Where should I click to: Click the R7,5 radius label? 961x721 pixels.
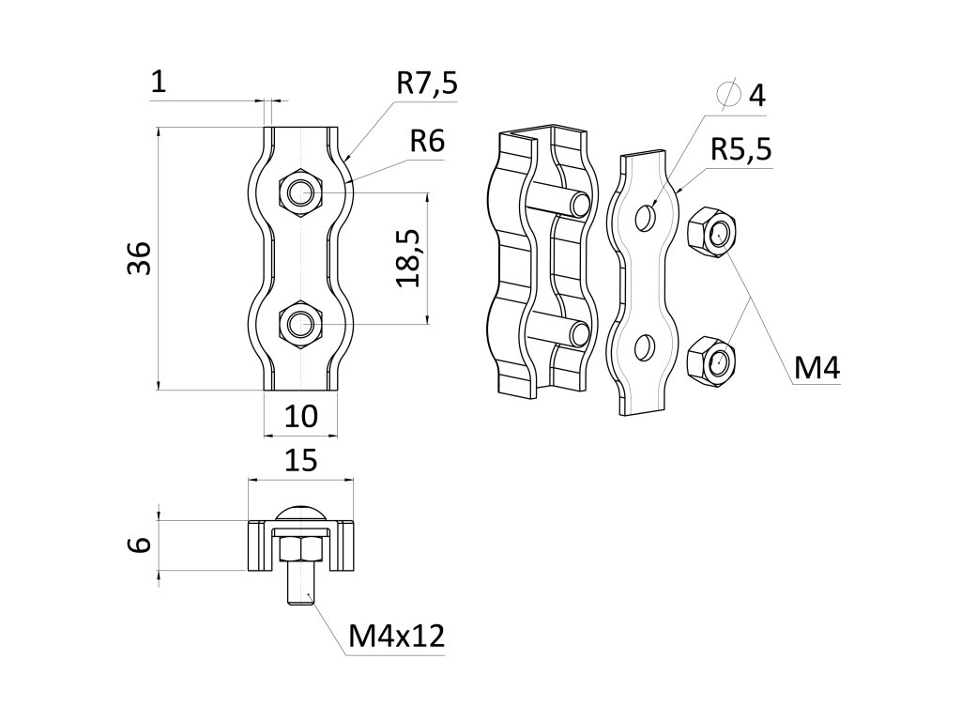click(x=426, y=84)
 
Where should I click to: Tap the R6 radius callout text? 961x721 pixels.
click(x=426, y=142)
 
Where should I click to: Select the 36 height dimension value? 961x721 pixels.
click(x=139, y=258)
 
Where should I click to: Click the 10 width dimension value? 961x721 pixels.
click(x=300, y=415)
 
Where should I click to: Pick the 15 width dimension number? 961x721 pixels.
click(x=300, y=460)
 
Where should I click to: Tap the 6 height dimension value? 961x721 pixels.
click(x=140, y=545)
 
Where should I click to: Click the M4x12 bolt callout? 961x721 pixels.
click(x=395, y=637)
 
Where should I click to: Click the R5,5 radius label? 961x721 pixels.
click(x=740, y=149)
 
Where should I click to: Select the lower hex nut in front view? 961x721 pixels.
click(x=299, y=325)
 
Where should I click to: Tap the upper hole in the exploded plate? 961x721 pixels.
click(x=645, y=218)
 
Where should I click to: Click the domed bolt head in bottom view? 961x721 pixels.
click(x=300, y=514)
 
